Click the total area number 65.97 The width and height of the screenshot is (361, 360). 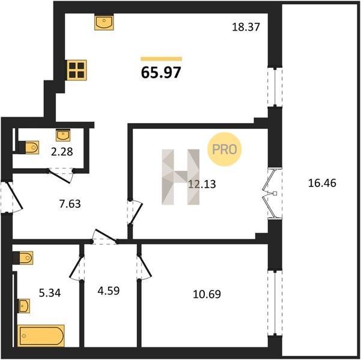pos(161,72)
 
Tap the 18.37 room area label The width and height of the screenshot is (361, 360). pos(246,27)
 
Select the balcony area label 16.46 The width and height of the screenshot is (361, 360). pos(322,184)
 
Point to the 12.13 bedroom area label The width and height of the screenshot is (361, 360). pos(202,184)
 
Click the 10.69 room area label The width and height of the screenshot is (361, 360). pos(207,294)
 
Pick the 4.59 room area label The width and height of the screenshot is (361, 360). pos(109,291)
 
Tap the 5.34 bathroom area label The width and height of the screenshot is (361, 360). pos(50,293)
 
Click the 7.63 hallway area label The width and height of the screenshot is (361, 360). pos(70,204)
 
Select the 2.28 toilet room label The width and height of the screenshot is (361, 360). pos(62,152)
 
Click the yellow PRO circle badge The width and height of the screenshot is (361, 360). pos(225,149)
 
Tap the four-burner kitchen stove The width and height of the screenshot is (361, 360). pos(77,70)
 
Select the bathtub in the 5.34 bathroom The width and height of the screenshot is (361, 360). pos(41,335)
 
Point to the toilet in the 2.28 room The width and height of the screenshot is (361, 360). pos(29,147)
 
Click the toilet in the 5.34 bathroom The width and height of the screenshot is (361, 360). pos(23,257)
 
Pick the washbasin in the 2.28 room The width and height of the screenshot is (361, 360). pos(63,135)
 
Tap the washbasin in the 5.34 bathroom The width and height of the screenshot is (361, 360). pos(24,306)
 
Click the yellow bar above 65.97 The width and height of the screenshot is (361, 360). pos(162,59)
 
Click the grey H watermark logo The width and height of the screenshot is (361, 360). pos(180,177)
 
